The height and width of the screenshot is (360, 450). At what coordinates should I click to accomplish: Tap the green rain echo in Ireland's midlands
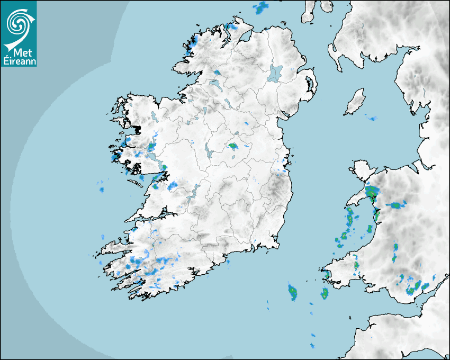pos(232,146)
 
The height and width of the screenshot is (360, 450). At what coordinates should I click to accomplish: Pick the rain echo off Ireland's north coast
pos(260,8)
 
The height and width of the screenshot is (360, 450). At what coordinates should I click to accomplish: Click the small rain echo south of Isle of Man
pos(372,118)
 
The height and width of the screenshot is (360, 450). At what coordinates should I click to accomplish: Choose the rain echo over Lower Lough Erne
pos(217,72)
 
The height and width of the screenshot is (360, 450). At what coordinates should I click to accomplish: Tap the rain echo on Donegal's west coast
pos(190,47)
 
